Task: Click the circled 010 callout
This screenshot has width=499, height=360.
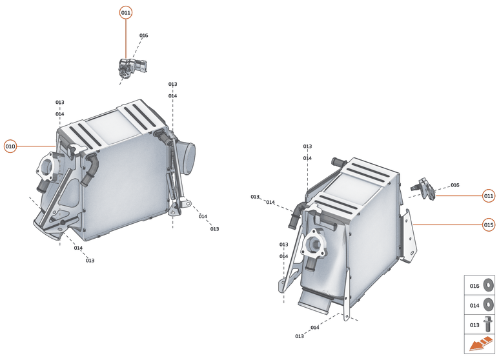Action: pyautogui.click(x=10, y=146)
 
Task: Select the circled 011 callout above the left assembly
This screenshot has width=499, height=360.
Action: pyautogui.click(x=126, y=13)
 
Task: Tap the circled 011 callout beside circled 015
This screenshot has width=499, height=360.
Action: pyautogui.click(x=489, y=195)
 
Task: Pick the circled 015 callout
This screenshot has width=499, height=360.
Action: pyautogui.click(x=489, y=225)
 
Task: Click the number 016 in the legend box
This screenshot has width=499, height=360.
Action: pyautogui.click(x=474, y=286)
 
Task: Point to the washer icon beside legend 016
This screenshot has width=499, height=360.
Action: pyautogui.click(x=489, y=285)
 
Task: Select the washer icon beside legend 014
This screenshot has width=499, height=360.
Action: pyautogui.click(x=489, y=305)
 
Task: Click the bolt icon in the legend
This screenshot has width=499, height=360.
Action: pyautogui.click(x=489, y=324)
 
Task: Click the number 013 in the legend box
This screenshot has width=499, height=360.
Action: pyautogui.click(x=474, y=325)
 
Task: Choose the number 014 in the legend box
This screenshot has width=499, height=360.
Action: pyautogui.click(x=474, y=305)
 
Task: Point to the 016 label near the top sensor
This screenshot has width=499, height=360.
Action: pyautogui.click(x=143, y=35)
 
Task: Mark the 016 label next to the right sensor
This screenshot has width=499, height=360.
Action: pyautogui.click(x=455, y=185)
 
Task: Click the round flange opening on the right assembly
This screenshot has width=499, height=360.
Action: pyautogui.click(x=315, y=246)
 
